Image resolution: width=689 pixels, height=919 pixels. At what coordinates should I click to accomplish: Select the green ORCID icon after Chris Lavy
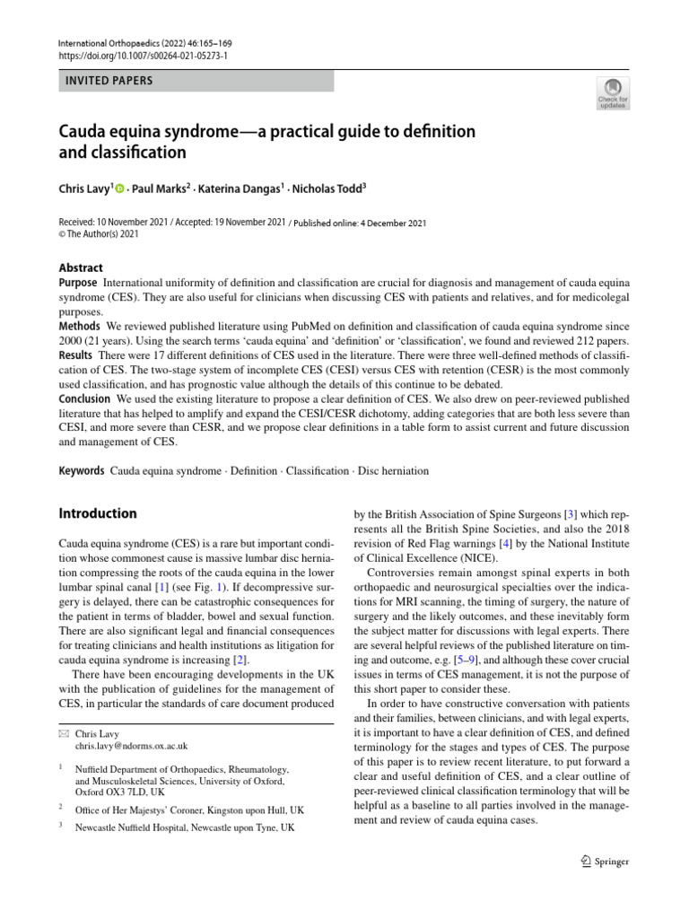pyautogui.click(x=119, y=188)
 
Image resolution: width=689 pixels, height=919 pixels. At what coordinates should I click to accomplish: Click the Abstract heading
pyautogui.click(x=81, y=267)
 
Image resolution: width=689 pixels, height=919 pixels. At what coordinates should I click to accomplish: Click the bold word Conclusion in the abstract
pyautogui.click(x=84, y=398)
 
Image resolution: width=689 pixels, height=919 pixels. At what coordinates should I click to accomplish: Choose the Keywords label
pyautogui.click(x=81, y=470)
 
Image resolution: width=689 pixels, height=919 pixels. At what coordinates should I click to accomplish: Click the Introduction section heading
pyautogui.click(x=98, y=514)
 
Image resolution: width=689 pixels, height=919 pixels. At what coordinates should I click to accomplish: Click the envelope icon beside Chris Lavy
pyautogui.click(x=62, y=734)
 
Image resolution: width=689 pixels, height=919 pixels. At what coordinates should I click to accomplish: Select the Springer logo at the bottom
pyautogui.click(x=605, y=862)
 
